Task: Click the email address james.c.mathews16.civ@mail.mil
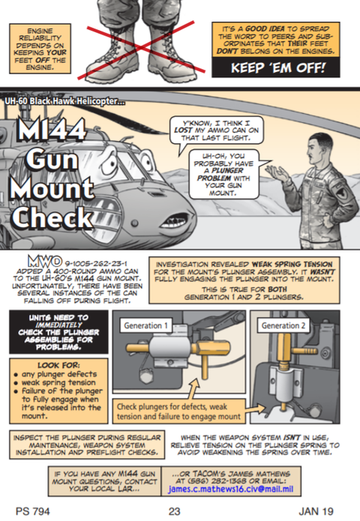point(231,489)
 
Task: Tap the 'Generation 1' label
point(145,325)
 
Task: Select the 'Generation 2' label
point(283,325)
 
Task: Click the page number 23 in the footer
point(174,511)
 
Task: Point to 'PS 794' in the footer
point(32,511)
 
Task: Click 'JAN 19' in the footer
point(316,511)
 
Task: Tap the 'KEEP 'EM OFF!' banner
point(276,67)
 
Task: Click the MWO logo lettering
point(45,262)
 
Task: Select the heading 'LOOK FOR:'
point(58,366)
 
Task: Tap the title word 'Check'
point(52,217)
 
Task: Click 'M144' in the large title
point(52,129)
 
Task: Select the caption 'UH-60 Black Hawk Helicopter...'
point(64,101)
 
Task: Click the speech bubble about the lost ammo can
point(217,130)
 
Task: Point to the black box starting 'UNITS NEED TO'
point(58,332)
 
